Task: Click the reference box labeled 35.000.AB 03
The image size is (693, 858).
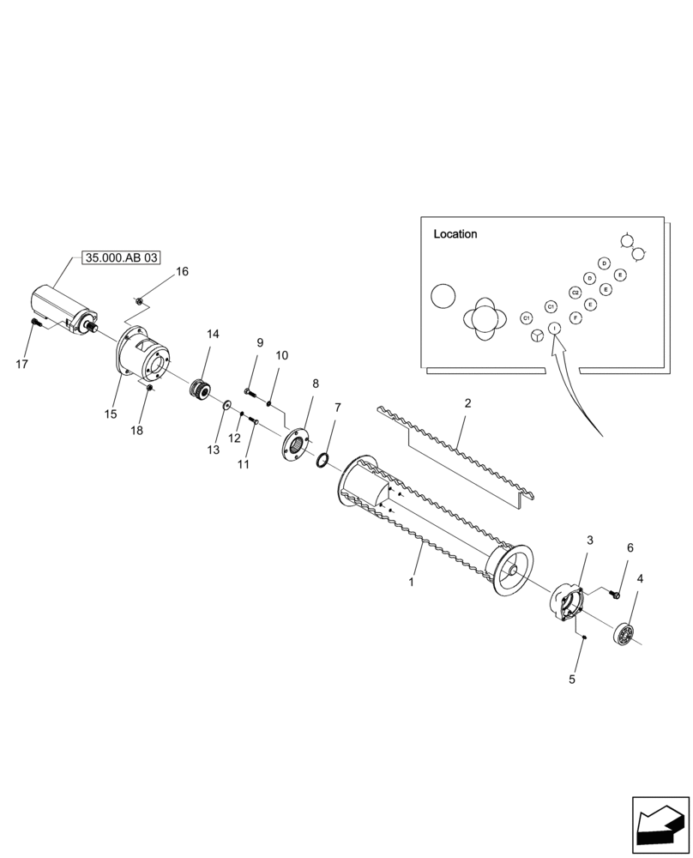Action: (x=122, y=257)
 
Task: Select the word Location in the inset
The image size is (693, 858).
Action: (x=455, y=234)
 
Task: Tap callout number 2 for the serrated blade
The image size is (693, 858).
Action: (x=467, y=403)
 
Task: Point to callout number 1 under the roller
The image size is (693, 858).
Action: (x=412, y=582)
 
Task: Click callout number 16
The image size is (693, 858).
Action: (x=182, y=272)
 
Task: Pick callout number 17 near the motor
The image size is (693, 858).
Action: (x=22, y=364)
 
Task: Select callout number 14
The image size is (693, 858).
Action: (x=213, y=334)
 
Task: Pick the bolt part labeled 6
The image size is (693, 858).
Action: (x=613, y=594)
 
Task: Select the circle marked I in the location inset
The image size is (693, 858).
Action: (x=554, y=328)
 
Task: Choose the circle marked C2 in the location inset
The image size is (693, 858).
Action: (x=575, y=293)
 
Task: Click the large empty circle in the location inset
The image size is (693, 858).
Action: (x=444, y=297)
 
